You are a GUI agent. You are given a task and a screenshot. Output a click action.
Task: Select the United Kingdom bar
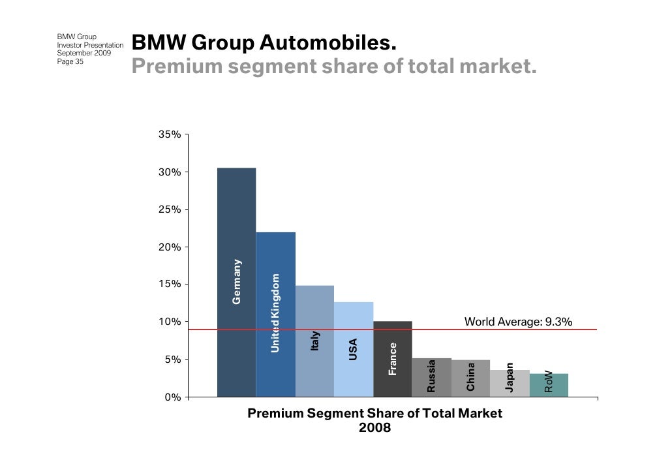pos(275,314)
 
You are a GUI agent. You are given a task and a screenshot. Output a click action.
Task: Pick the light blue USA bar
pos(354,349)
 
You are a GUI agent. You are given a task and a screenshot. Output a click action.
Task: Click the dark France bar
pos(393,359)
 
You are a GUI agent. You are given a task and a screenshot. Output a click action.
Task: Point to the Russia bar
pos(431,377)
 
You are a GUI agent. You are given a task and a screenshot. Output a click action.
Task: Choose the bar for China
pos(470,378)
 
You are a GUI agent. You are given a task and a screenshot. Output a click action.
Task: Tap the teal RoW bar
pos(549,385)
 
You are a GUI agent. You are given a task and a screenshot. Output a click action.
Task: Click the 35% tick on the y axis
pos(169,134)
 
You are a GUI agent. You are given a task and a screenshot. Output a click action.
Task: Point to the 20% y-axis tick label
pos(169,247)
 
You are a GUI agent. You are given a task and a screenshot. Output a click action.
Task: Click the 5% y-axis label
pos(172,360)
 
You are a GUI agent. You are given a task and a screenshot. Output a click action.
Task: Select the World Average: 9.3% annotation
pos(518,322)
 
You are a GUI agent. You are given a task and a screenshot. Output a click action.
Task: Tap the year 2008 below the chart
pos(374,428)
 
